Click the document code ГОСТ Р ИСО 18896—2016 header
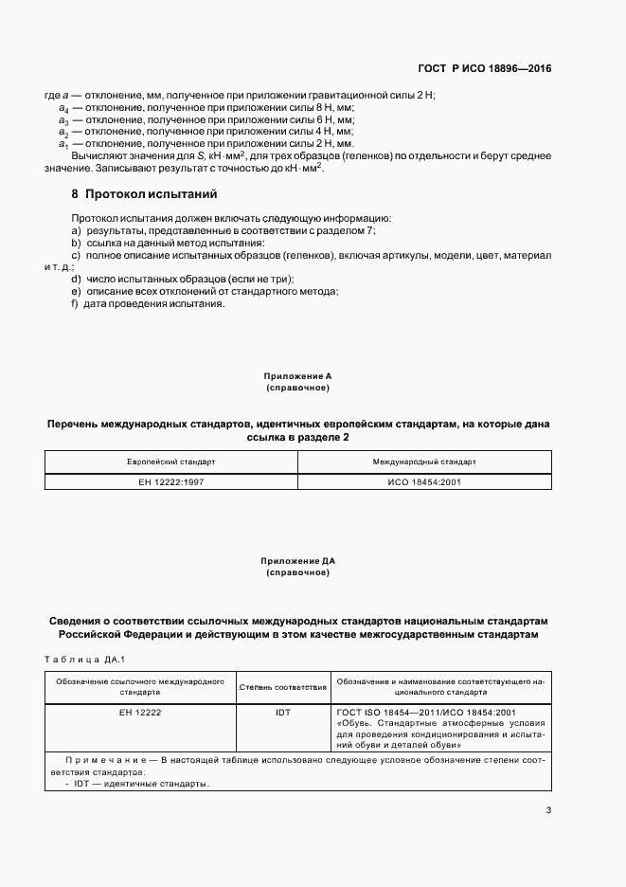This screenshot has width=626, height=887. pyautogui.click(x=485, y=69)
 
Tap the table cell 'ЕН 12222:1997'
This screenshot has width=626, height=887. pyautogui.click(x=171, y=481)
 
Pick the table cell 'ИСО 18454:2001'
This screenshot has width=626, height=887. pyautogui.click(x=424, y=481)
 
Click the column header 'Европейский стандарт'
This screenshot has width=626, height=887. pyautogui.click(x=171, y=462)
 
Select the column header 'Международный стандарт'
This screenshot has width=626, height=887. pyautogui.click(x=424, y=462)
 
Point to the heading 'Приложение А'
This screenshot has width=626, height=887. pyautogui.click(x=298, y=376)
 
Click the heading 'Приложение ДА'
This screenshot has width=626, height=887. pyautogui.click(x=298, y=562)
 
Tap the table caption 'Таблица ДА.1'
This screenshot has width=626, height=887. pyautogui.click(x=85, y=659)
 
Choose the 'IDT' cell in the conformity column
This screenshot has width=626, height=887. pyautogui.click(x=283, y=711)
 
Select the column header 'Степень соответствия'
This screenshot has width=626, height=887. pyautogui.click(x=283, y=686)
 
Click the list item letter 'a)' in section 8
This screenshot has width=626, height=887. pyautogui.click(x=75, y=230)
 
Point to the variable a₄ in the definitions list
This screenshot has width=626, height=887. pyautogui.click(x=63, y=110)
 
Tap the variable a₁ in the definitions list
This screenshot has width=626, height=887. pyautogui.click(x=63, y=144)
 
